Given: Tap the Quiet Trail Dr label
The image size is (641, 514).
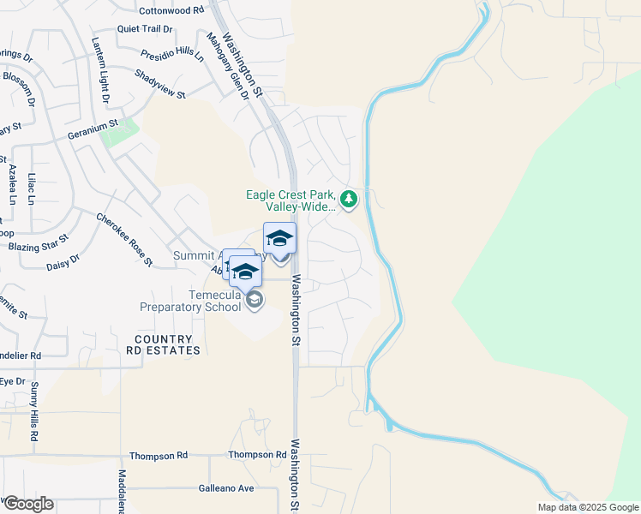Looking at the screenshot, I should pyautogui.click(x=145, y=28).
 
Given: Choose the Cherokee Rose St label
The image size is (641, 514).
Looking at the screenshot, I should pyautogui.click(x=124, y=239).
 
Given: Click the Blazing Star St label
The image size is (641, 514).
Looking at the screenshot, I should pyautogui.click(x=38, y=243).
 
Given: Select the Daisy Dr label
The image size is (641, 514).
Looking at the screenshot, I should pyautogui.click(x=63, y=260).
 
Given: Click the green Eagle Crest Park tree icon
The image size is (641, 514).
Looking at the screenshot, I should pyautogui.click(x=348, y=200).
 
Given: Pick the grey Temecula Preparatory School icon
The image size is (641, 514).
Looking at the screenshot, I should pyautogui.click(x=255, y=299).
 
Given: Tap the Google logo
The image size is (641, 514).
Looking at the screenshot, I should pyautogui.click(x=27, y=504).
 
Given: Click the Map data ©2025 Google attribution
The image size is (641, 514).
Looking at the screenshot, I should pyautogui.click(x=587, y=507).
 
